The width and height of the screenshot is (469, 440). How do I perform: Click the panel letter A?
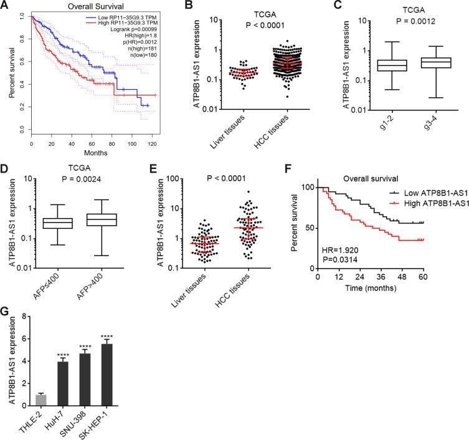(5, 5)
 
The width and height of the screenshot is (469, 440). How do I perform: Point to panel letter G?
(5, 308)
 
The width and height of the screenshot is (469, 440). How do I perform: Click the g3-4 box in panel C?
(425, 62)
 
